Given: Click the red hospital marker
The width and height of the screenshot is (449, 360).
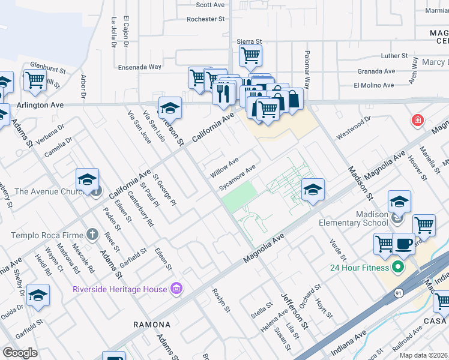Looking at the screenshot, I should click(x=417, y=121).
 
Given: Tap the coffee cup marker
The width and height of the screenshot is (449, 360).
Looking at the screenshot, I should click(x=403, y=244).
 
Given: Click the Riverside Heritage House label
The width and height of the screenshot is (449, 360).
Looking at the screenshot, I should click(x=119, y=289).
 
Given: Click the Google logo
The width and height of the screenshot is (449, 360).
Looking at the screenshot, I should click(x=20, y=352).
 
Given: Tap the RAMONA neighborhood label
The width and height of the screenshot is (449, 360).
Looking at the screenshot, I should click(x=152, y=325).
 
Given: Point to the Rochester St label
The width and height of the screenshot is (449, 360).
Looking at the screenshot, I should click(x=205, y=19).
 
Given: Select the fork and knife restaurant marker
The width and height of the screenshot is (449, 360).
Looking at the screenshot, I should click(x=223, y=92).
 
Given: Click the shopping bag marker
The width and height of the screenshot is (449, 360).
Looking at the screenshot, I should click(x=293, y=99).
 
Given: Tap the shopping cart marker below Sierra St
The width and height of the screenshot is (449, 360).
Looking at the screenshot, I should click(x=250, y=56).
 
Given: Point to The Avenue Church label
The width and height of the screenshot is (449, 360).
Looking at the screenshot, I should click(x=48, y=191).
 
